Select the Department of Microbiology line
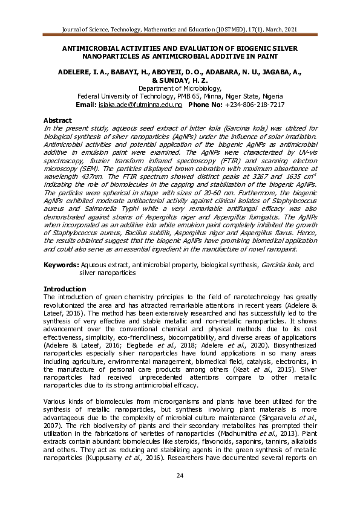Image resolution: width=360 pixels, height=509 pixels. (x=179, y=88)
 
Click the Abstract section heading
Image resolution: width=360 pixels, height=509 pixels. (x=58, y=120)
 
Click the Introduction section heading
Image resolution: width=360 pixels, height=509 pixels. (x=65, y=289)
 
